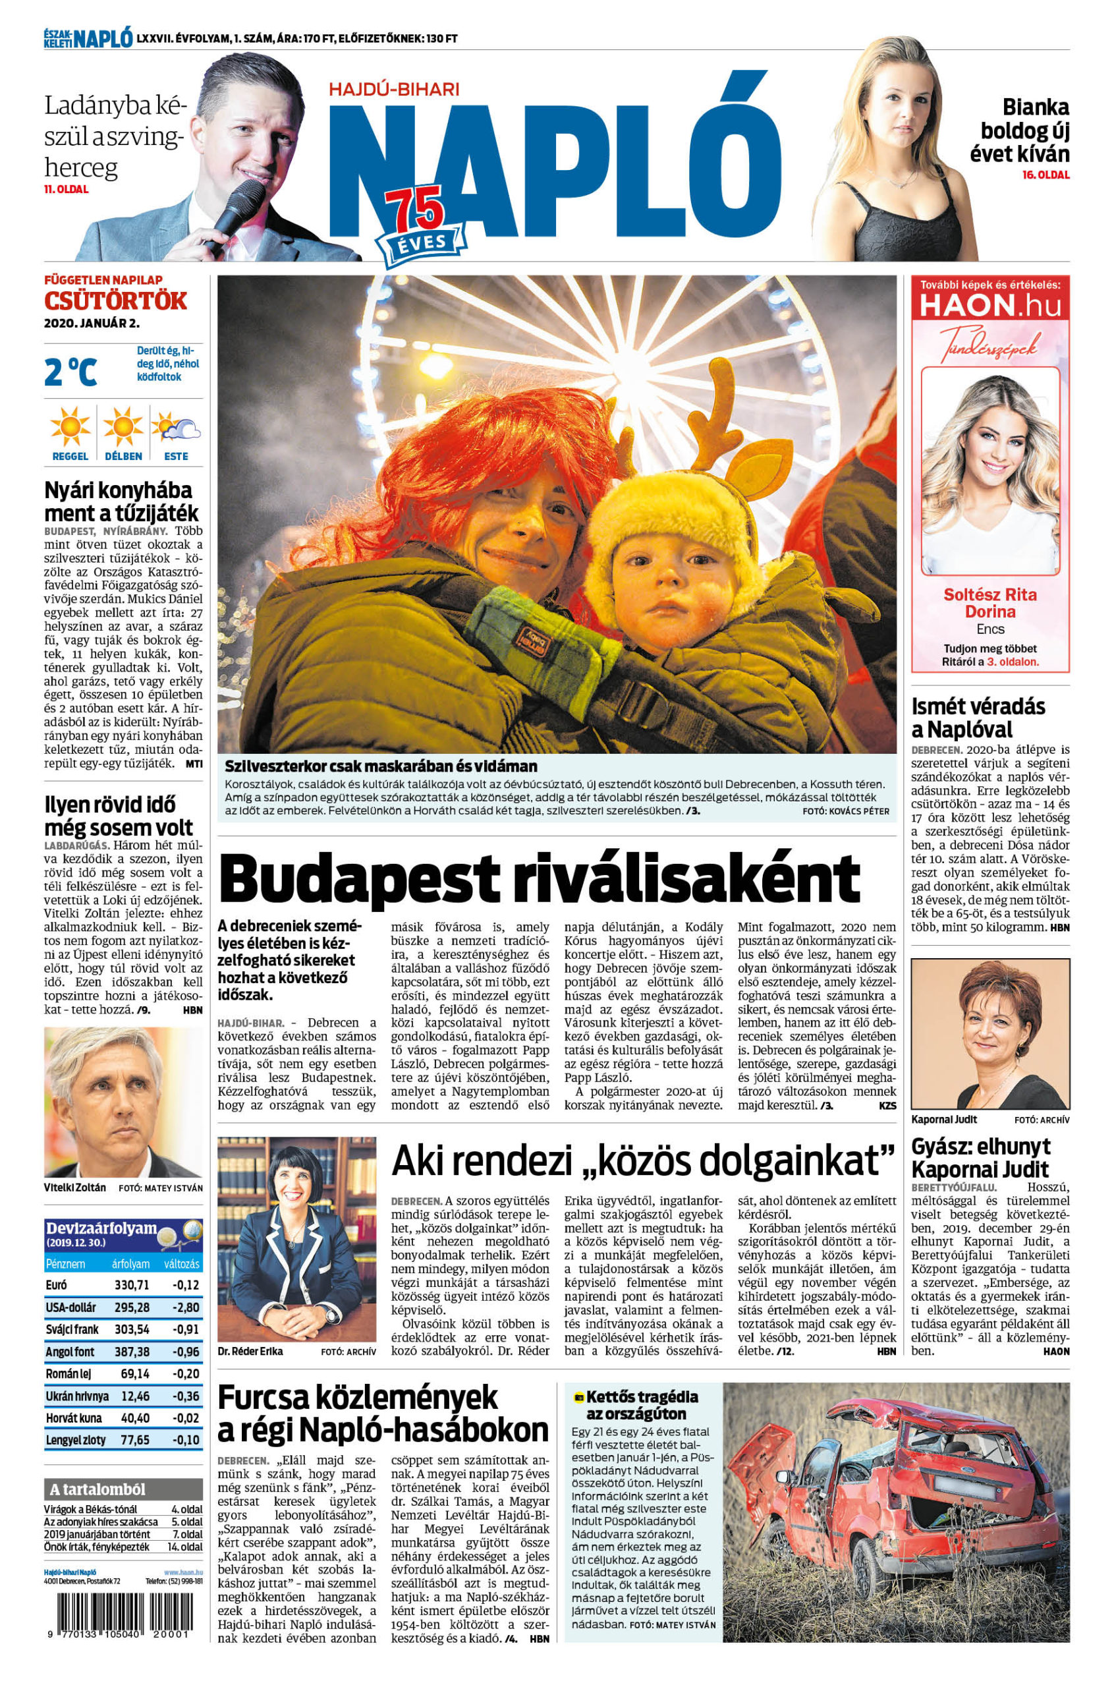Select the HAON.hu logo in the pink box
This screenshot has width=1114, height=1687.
(990, 306)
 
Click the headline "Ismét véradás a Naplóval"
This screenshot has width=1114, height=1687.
(968, 718)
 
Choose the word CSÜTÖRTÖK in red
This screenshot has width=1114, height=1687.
(116, 300)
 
